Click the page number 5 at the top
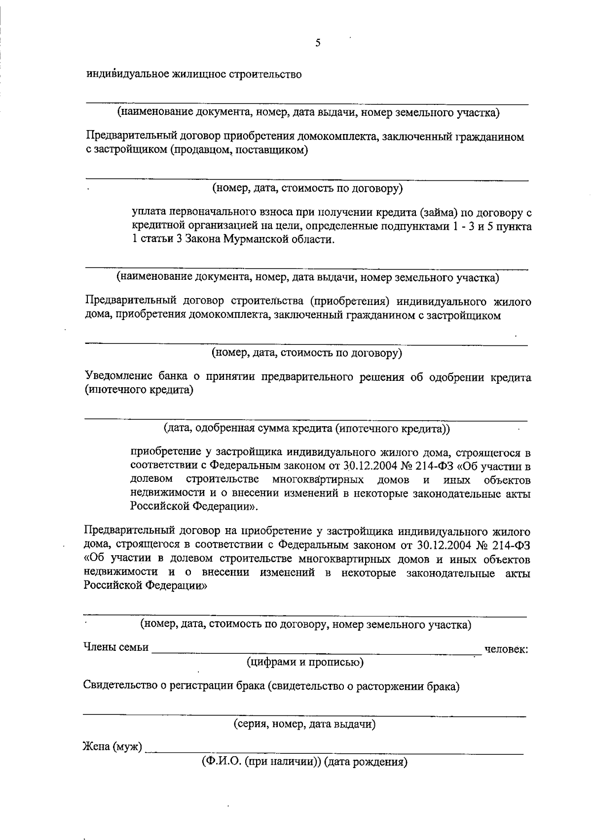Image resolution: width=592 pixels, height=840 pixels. pyautogui.click(x=318, y=43)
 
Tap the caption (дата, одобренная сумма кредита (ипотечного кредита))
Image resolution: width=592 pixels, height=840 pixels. pyautogui.click(x=307, y=429)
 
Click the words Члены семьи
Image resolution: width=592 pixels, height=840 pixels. pyautogui.click(x=115, y=647)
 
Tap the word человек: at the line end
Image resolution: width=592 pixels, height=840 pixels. pyautogui.click(x=507, y=649)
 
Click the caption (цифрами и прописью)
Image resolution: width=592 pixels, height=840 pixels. pyautogui.click(x=305, y=662)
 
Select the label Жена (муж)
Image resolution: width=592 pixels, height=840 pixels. pyautogui.click(x=112, y=747)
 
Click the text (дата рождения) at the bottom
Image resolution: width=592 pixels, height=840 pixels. pyautogui.click(x=366, y=762)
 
